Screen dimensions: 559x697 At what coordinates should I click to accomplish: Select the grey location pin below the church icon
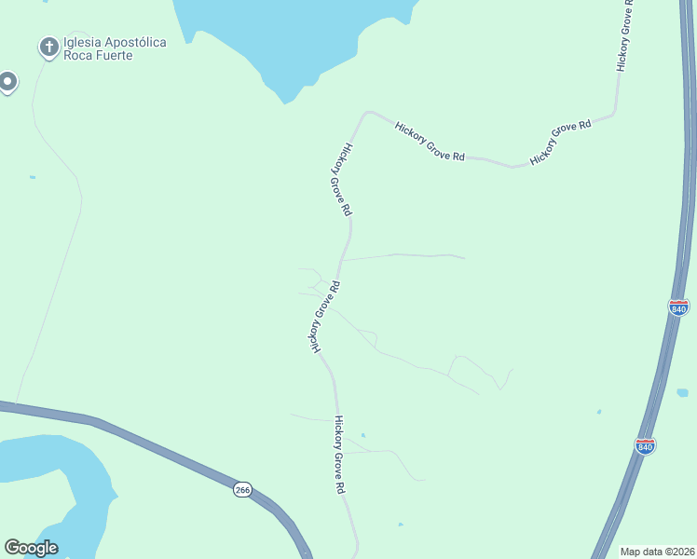pos(7,83)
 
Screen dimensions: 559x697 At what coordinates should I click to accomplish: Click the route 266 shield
pos(242,490)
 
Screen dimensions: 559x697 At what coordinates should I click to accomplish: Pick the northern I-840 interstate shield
pos(678,307)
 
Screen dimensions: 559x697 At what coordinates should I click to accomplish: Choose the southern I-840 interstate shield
pos(645,445)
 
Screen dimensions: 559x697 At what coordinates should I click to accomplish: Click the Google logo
pos(31,548)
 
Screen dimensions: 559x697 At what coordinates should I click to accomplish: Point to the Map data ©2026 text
pos(656,552)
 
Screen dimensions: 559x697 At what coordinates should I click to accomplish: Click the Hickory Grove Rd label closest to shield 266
pos(340,455)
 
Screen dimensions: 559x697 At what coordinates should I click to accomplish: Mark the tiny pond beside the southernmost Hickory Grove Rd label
pos(362,435)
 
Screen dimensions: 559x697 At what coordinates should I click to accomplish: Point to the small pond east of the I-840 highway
pos(683,392)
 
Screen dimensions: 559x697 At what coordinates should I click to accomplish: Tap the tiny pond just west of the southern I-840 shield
pos(599,411)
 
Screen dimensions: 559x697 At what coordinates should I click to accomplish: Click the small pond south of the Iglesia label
pos(33,177)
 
